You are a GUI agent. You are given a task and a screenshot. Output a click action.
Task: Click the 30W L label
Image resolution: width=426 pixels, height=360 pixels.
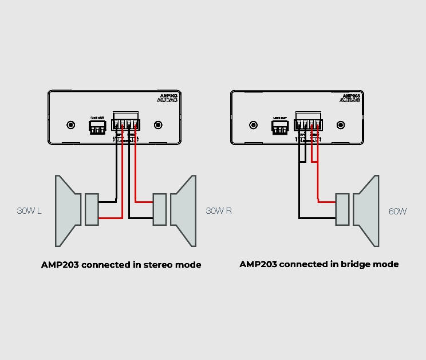coord(29,211)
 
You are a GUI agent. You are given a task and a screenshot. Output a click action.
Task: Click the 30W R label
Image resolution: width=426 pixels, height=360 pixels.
coord(219,211)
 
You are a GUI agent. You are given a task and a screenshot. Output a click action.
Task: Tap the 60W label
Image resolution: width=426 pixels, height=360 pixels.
coord(397,212)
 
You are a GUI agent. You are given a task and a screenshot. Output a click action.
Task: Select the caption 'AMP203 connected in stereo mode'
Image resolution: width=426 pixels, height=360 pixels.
coord(121,265)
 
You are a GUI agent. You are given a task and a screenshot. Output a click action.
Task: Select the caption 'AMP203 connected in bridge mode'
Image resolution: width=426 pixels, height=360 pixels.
coord(319,264)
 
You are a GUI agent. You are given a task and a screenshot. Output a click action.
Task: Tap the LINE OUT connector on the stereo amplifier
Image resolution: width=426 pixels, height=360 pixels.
coord(97,127)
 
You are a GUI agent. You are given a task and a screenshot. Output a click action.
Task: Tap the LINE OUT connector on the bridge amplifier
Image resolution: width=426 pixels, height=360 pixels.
coord(280,127)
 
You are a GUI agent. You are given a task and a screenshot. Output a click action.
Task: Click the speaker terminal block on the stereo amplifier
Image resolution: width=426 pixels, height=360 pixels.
coord(126,123)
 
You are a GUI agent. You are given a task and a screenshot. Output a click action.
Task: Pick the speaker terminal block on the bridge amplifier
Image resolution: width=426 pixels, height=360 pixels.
coord(309,123)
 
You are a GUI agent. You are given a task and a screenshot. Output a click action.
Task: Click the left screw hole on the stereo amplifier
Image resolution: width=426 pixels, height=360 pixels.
coord(71,124)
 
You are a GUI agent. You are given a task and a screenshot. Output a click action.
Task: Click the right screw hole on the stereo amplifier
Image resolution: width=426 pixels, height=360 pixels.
coord(158,124)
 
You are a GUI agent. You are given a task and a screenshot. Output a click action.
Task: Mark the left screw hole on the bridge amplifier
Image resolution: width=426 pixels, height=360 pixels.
coord(254,124)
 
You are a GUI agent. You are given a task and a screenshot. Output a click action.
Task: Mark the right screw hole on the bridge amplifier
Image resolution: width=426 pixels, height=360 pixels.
coord(341,124)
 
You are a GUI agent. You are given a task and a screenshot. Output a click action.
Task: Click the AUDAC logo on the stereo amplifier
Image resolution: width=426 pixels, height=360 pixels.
coord(167,100)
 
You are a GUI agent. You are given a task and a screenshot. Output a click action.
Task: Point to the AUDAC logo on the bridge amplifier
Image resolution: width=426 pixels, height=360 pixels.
coord(350,100)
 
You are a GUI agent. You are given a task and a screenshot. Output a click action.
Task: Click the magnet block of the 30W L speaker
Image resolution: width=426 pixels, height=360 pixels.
coord(92,209)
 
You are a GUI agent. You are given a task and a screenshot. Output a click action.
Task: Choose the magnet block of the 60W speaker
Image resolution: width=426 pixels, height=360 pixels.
coord(342,210)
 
